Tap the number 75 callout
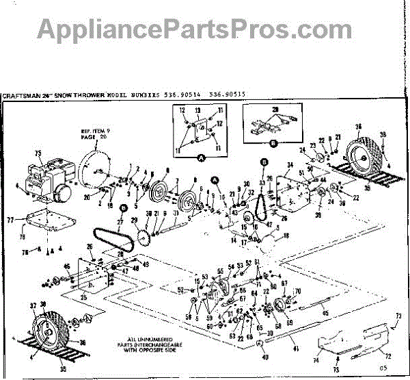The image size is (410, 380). tap(38, 153)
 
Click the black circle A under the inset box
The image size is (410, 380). tap(201, 157)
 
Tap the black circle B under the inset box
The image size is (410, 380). tap(273, 143)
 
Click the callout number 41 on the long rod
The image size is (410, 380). tap(296, 349)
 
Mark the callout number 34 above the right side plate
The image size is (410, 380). tap(289, 165)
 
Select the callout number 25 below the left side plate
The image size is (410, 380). tap(84, 297)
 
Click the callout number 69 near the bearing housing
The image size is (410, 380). tap(289, 322)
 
